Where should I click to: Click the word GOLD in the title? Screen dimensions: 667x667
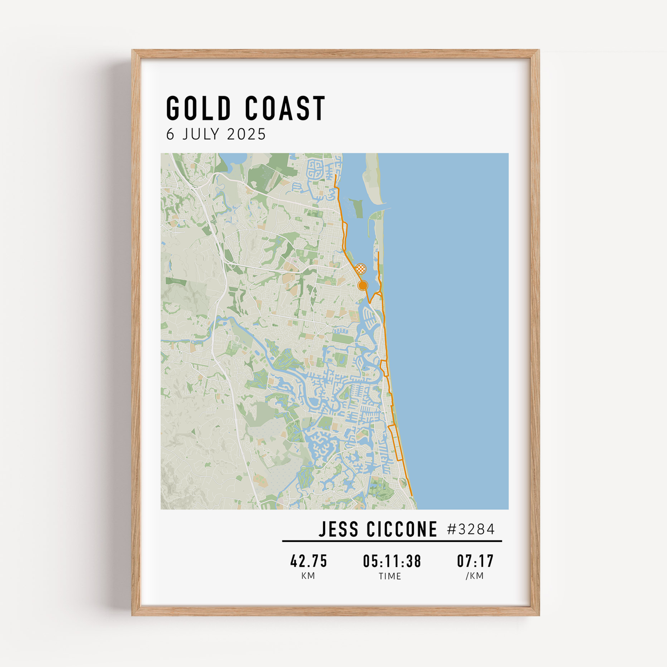pyautogui.click(x=198, y=108)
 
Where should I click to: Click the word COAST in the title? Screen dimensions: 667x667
pyautogui.click(x=285, y=108)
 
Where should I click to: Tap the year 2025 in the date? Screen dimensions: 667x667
pyautogui.click(x=246, y=134)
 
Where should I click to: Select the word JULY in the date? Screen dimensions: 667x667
pyautogui.click(x=202, y=134)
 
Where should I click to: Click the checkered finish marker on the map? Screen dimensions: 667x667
pyautogui.click(x=361, y=268)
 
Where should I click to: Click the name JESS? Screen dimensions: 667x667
pyautogui.click(x=339, y=529)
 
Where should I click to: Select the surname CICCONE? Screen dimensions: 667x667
pyautogui.click(x=402, y=529)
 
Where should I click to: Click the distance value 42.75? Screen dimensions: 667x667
pyautogui.click(x=308, y=561)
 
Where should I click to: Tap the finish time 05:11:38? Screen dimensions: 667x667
pyautogui.click(x=392, y=561)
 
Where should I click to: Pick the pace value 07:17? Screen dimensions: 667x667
pyautogui.click(x=475, y=561)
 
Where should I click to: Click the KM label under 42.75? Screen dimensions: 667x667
pyautogui.click(x=308, y=576)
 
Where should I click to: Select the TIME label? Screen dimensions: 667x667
pyautogui.click(x=390, y=576)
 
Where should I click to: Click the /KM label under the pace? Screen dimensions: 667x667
pyautogui.click(x=475, y=576)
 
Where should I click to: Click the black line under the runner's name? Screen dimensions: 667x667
pyautogui.click(x=392, y=541)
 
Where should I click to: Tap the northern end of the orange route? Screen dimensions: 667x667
pyautogui.click(x=336, y=175)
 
